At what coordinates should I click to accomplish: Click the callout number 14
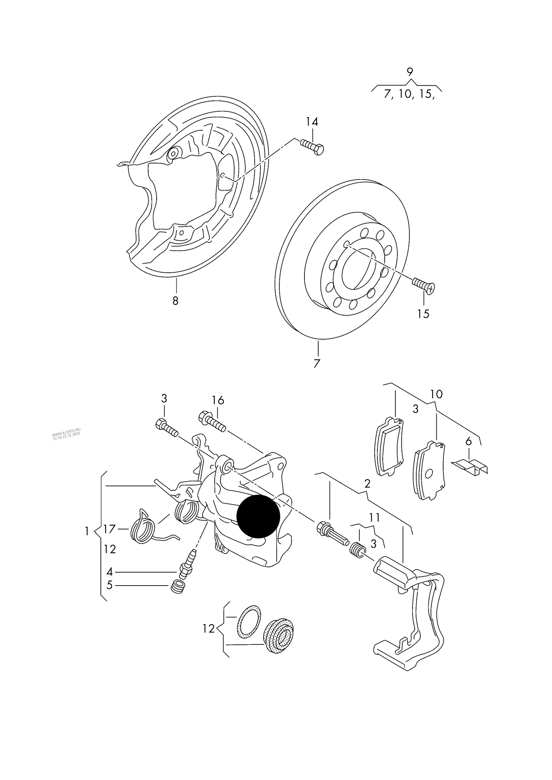coord(312,122)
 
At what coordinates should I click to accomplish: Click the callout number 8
coord(175,301)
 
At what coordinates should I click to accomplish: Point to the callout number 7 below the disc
coord(316,363)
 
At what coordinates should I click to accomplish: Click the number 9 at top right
coord(410,72)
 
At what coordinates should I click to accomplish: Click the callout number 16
coord(218,400)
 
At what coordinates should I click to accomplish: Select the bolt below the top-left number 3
coord(167,428)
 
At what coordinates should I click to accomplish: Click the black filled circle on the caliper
coord(258,516)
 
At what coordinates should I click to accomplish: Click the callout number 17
coord(109,529)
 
